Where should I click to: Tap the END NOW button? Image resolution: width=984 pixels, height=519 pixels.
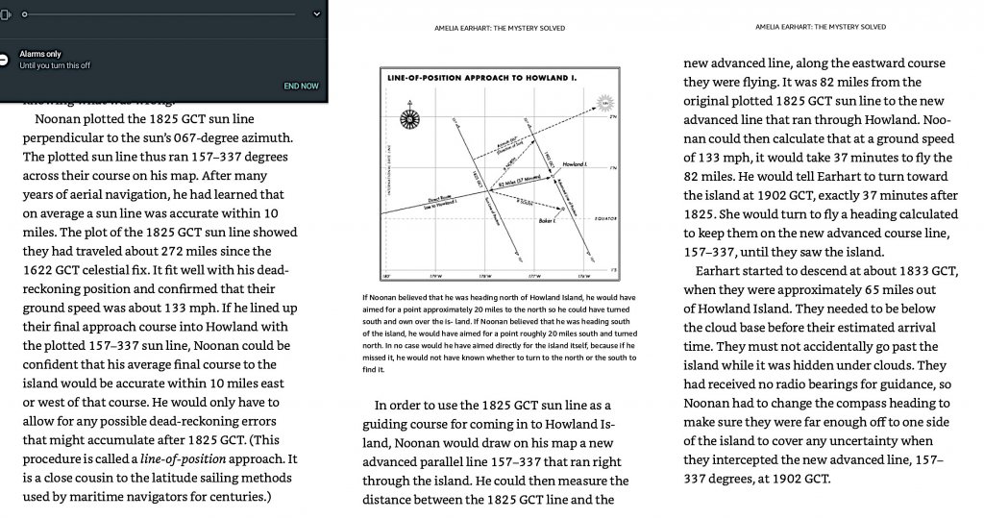301,86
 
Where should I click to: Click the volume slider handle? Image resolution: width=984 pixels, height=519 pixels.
24,14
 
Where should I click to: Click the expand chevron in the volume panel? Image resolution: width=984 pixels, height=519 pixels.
317,14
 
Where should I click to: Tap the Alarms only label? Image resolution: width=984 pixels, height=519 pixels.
40,54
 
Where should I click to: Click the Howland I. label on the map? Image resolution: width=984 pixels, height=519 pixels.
576,165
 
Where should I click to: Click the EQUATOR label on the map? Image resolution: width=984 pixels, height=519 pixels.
609,218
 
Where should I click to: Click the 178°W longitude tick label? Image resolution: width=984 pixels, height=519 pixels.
486,277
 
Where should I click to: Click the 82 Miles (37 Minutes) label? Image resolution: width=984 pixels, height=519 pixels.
518,182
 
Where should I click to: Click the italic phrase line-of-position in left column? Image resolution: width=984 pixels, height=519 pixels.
181,459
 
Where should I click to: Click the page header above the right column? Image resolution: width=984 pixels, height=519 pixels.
820,27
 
